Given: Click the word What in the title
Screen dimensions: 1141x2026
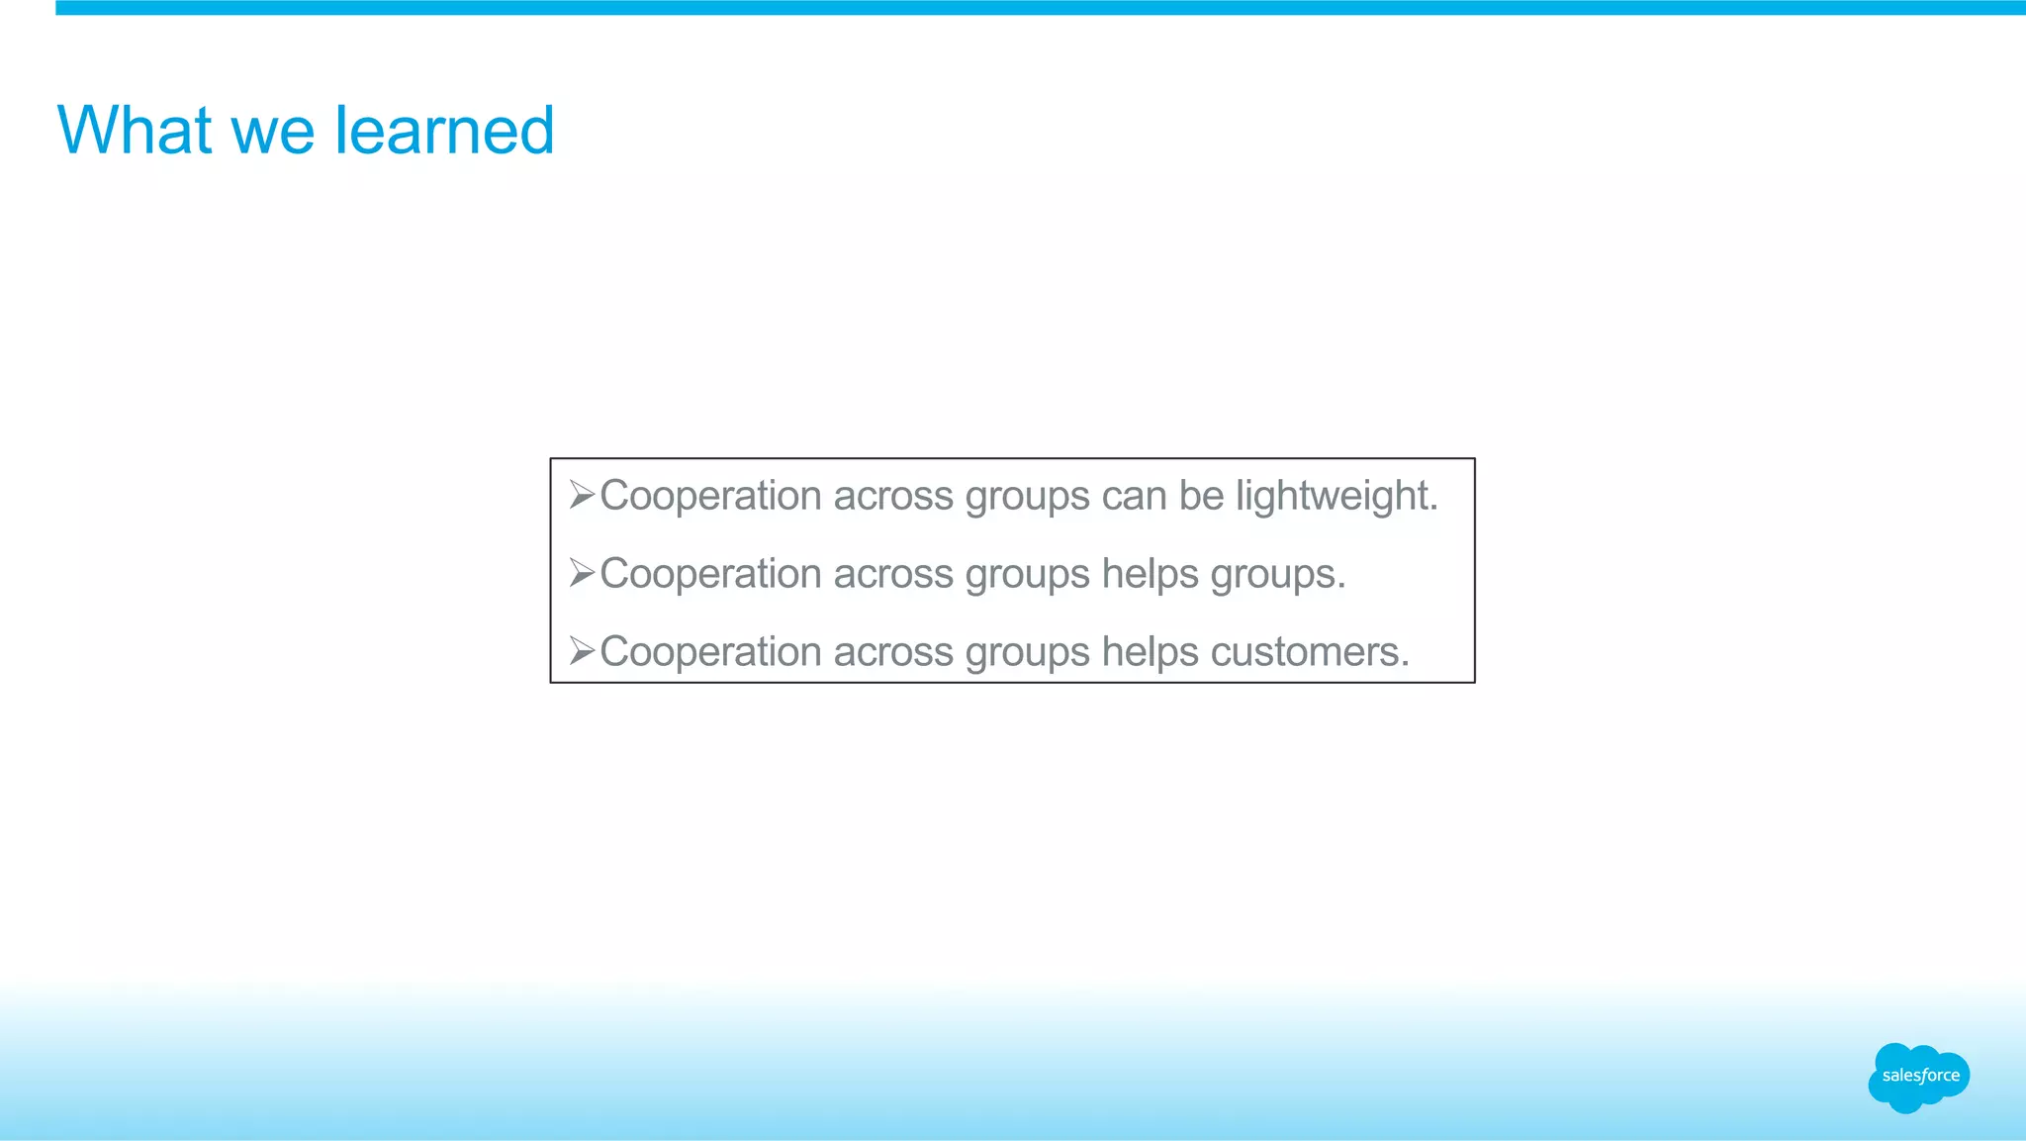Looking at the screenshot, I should (135, 131).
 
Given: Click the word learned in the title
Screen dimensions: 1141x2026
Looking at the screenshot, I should (444, 131).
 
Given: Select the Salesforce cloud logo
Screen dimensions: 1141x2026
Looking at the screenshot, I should (1919, 1077).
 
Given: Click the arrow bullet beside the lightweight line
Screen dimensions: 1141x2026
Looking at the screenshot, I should (582, 494).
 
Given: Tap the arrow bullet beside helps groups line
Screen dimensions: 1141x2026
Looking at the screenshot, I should (582, 572).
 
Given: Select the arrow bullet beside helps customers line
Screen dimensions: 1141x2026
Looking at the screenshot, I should (582, 650).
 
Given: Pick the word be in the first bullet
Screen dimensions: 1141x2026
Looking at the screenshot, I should (1201, 496).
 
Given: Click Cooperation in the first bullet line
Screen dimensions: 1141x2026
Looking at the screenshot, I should (710, 496).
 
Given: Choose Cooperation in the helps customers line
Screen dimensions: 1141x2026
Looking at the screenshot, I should (710, 652).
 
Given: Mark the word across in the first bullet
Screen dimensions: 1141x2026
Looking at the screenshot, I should (893, 496).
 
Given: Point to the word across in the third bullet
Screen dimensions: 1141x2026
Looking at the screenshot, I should (893, 652).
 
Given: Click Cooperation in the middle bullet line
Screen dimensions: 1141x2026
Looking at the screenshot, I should (710, 574).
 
